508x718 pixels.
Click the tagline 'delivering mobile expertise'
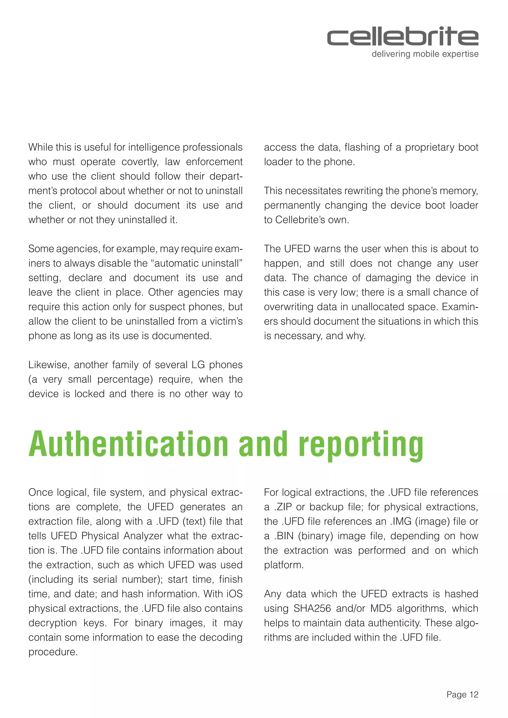click(x=425, y=54)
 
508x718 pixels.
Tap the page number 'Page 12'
click(x=462, y=694)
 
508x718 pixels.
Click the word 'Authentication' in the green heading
click(x=128, y=444)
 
